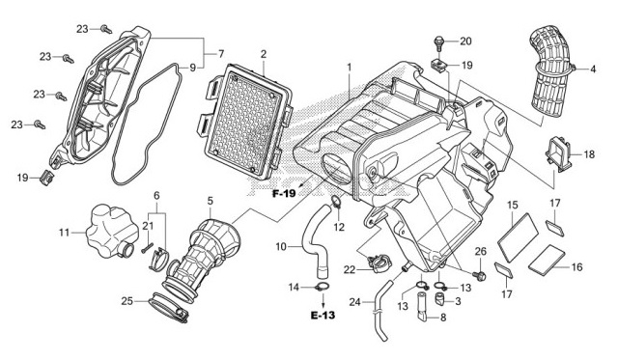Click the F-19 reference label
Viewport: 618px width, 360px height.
click(x=284, y=193)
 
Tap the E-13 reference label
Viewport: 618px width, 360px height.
click(x=323, y=316)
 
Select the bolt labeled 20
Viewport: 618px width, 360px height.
click(x=438, y=42)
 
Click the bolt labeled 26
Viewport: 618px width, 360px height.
click(x=480, y=275)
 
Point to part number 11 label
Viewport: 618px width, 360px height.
click(x=65, y=233)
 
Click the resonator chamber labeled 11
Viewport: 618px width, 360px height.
click(x=112, y=232)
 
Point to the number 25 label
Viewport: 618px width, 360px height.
click(x=127, y=301)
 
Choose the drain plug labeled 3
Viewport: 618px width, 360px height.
click(x=439, y=299)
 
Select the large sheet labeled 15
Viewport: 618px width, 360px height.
click(x=518, y=237)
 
